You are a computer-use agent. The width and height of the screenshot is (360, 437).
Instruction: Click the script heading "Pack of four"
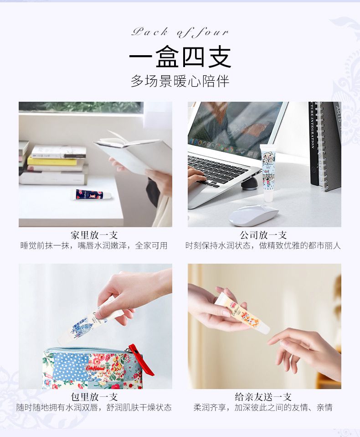click(180, 32)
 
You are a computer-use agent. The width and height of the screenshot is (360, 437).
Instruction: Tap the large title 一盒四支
click(180, 57)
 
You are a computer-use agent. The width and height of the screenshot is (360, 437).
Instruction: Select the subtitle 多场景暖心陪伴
click(180, 81)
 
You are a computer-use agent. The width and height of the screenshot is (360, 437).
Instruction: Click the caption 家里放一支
click(94, 235)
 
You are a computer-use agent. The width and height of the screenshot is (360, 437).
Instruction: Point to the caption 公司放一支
click(263, 235)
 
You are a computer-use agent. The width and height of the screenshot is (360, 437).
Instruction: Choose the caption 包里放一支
click(94, 397)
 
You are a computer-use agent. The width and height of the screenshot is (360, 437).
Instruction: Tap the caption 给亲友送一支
click(263, 397)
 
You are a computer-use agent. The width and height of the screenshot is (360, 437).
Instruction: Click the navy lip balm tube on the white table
click(92, 194)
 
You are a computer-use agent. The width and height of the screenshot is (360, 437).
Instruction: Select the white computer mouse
click(253, 214)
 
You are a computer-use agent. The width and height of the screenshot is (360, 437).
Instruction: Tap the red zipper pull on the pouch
click(142, 359)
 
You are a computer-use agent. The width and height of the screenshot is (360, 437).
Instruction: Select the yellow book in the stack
click(52, 161)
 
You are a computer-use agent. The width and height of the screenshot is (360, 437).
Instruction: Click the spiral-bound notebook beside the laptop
click(324, 146)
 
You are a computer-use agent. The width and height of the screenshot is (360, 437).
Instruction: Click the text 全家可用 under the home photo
click(151, 245)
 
